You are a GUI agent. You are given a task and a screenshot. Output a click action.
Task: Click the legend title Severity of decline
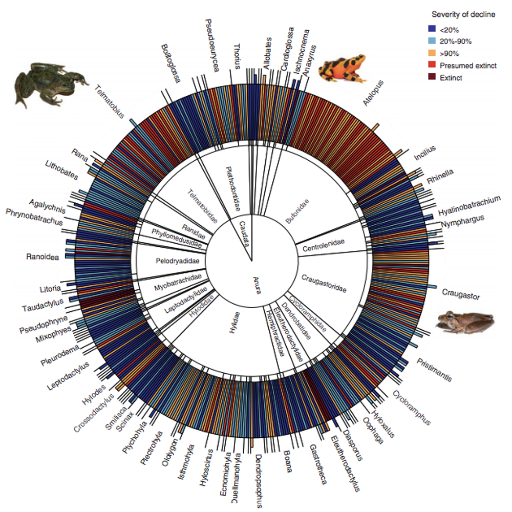pyautogui.click(x=463, y=15)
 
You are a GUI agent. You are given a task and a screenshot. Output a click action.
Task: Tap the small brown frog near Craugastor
pyautogui.click(x=464, y=322)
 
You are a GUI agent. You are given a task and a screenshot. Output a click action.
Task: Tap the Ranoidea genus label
pyautogui.click(x=42, y=256)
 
